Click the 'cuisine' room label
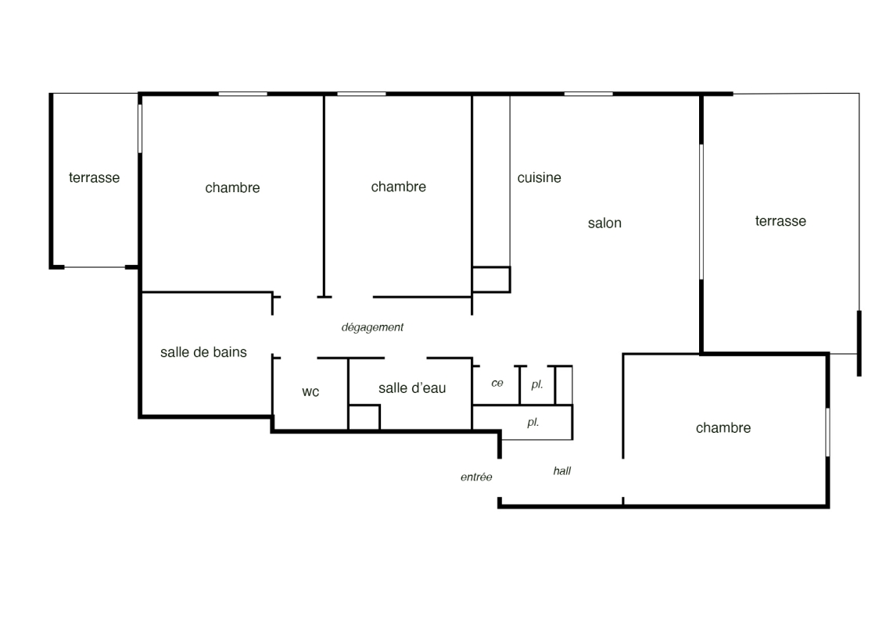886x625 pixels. [539, 178]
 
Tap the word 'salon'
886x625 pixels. [604, 223]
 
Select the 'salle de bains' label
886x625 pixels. [203, 352]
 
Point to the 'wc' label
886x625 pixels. [310, 392]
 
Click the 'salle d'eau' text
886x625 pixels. [412, 387]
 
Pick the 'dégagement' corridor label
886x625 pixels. [372, 327]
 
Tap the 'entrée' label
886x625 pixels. [476, 477]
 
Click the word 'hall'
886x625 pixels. [562, 471]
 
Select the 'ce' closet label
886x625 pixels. [497, 384]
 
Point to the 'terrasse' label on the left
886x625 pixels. [95, 178]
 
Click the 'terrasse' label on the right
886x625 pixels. [780, 221]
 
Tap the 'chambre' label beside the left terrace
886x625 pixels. [232, 187]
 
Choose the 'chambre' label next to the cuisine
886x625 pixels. [398, 187]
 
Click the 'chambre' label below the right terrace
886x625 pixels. [723, 428]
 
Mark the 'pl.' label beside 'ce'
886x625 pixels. [536, 384]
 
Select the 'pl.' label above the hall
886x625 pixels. [533, 423]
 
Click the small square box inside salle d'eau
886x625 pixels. [364, 418]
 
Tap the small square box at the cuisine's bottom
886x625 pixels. [491, 280]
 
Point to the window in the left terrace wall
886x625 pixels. [139, 128]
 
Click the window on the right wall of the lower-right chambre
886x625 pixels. [828, 433]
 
